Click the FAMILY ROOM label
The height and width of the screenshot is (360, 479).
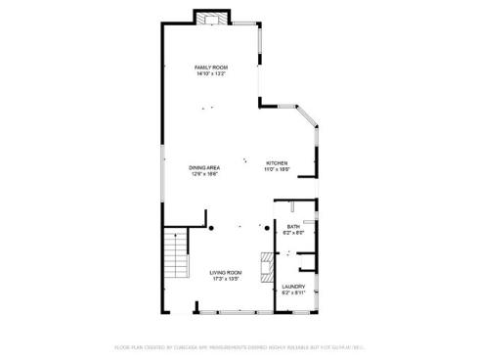click(x=210, y=67)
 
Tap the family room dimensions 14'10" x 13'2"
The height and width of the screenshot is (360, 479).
click(x=210, y=74)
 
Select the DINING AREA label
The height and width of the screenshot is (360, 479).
click(x=204, y=167)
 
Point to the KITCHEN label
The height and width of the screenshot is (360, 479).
click(x=278, y=162)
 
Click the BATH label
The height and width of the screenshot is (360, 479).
click(x=293, y=226)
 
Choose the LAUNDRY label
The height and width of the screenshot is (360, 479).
click(x=294, y=287)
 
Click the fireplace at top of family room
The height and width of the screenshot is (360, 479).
click(x=210, y=17)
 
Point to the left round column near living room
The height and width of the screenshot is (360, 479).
click(x=210, y=229)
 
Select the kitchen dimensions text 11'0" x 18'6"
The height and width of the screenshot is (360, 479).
click(x=278, y=169)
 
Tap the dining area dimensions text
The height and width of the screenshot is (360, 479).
click(x=204, y=174)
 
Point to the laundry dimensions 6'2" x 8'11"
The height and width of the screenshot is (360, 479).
click(x=294, y=293)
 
